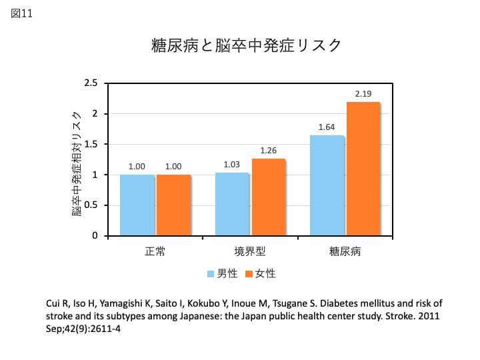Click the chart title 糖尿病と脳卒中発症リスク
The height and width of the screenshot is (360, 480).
[246, 45]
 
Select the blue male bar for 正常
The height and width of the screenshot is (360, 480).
[137, 205]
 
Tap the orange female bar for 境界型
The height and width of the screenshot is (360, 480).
[269, 197]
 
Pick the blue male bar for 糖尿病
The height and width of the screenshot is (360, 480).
[327, 185]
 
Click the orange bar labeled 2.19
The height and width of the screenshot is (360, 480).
[363, 169]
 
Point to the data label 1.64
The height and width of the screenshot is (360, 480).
[327, 127]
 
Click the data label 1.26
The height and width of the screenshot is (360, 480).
[269, 150]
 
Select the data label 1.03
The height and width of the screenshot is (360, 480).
[231, 165]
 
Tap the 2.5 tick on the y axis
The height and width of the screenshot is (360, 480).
[91, 83]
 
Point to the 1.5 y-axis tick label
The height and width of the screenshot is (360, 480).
[91, 144]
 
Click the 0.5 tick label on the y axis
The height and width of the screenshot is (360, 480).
[91, 205]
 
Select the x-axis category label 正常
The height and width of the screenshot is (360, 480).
[155, 251]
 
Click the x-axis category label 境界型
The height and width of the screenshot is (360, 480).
[250, 251]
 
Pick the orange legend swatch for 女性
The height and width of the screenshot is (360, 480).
[249, 274]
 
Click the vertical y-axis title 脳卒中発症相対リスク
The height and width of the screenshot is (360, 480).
[77, 164]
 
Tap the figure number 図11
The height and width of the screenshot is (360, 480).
[21, 13]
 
